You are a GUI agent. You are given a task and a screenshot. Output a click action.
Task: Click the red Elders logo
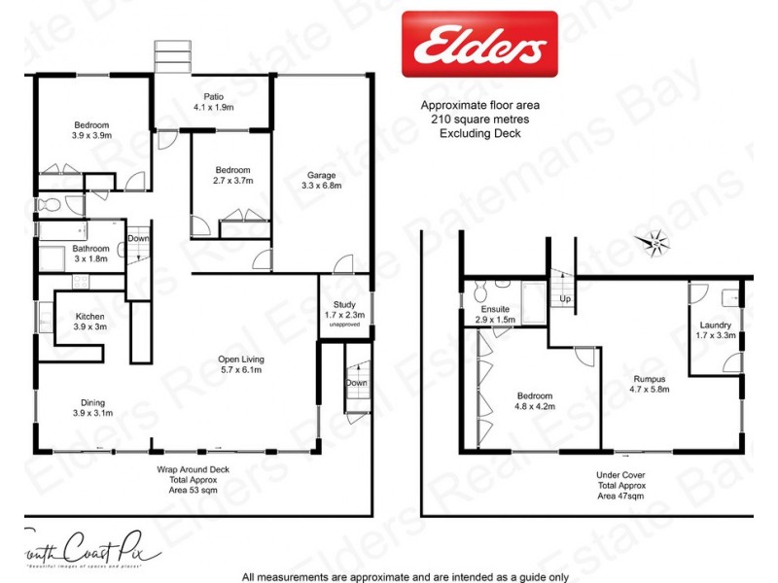[x=479, y=44]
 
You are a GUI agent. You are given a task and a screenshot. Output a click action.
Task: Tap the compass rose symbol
[x=655, y=240]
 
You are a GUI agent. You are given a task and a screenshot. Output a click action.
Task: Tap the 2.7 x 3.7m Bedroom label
[x=232, y=175]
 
